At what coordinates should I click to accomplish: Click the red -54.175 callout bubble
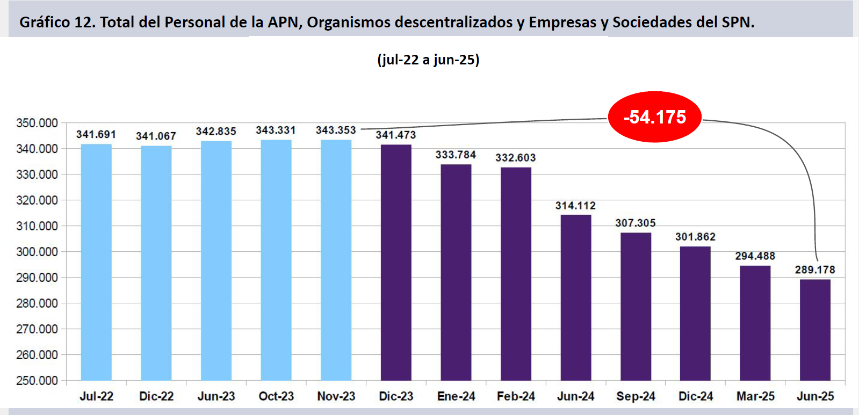[654, 117]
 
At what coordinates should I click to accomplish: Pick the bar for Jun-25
[815, 330]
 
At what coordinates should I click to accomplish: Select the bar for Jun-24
[576, 297]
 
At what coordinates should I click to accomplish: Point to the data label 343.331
[276, 130]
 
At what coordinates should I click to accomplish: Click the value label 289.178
[815, 270]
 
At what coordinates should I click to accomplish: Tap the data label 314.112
[575, 206]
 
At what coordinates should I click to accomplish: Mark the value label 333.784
[456, 155]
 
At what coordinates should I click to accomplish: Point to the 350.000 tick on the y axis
[37, 123]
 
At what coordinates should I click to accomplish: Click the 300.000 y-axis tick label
[37, 252]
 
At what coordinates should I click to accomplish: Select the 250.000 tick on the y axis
[37, 381]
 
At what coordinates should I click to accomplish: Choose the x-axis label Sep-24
[636, 396]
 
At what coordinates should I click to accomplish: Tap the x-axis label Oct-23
[276, 396]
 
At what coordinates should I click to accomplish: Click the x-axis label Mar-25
[755, 396]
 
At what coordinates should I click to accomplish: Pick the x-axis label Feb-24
[516, 396]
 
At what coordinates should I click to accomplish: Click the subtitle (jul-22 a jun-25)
[428, 59]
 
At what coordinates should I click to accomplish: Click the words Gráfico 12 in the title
[57, 23]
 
